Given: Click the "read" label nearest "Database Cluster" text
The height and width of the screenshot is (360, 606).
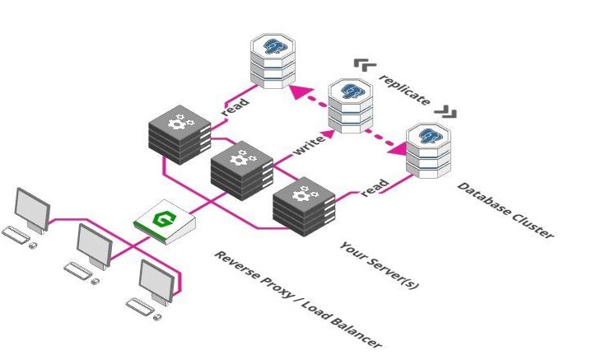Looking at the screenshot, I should [375, 187].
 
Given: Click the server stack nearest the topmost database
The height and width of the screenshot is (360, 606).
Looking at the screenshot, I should [179, 132].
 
